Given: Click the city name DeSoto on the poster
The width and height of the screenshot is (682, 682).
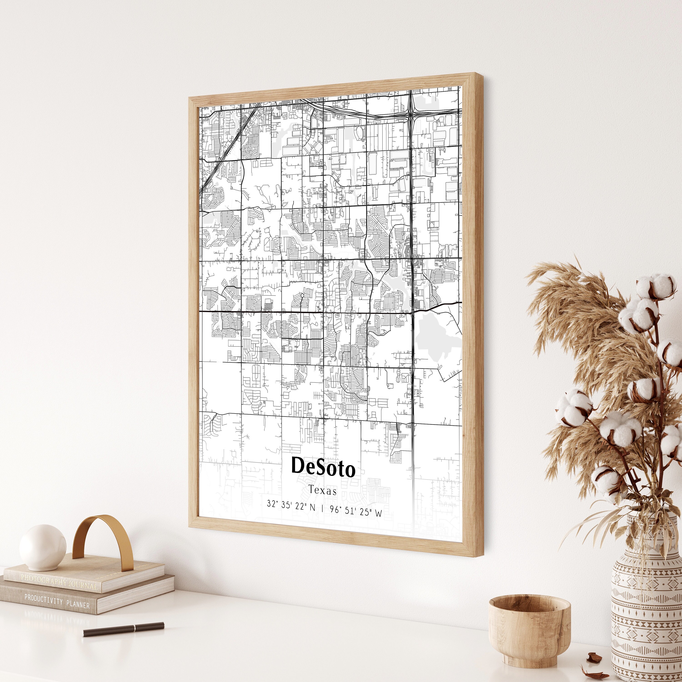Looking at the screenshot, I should (323, 467).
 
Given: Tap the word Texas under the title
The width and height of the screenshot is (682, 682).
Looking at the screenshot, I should (323, 490).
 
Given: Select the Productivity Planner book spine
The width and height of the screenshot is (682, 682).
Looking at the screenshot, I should (56, 601).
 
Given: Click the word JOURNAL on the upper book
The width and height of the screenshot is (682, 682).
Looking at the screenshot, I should (83, 586).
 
